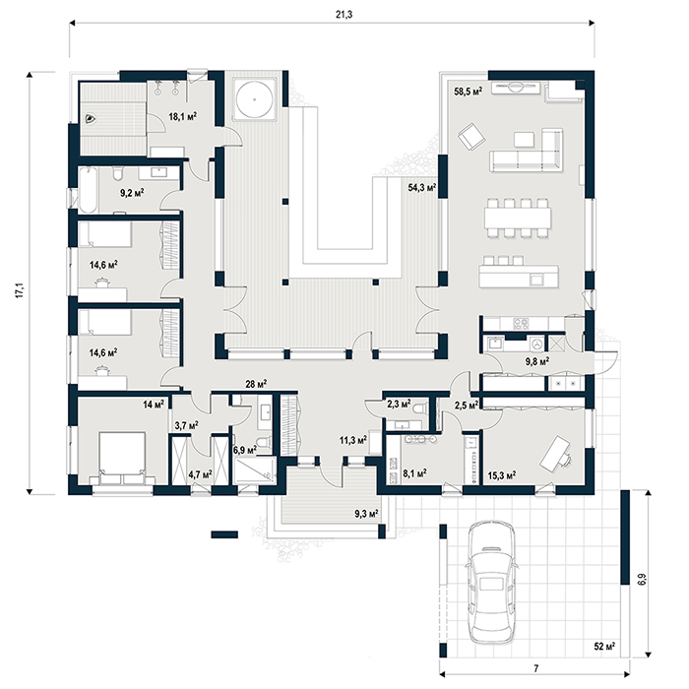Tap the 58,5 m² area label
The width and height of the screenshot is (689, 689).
pos(468,92)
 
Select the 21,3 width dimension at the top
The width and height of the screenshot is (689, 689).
pos(344,15)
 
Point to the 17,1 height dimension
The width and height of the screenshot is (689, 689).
pos(21,291)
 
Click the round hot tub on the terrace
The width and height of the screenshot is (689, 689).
pos(254,98)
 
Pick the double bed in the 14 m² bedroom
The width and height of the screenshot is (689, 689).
pos(122,458)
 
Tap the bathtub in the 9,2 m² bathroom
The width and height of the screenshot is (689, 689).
pos(88,190)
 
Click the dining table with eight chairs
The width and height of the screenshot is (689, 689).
pos(518,218)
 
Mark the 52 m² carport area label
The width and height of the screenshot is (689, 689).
pos(604,647)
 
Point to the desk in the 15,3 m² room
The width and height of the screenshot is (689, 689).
pos(555,452)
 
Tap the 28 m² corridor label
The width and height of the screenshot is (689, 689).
pos(256,384)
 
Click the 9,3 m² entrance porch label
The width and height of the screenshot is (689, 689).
pos(366,513)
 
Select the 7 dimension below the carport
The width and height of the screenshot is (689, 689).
pos(535,668)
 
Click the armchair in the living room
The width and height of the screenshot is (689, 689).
pos(471,136)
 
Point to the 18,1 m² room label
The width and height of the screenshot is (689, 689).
pos(183,116)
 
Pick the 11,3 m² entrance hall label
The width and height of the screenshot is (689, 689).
pos(353,439)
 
